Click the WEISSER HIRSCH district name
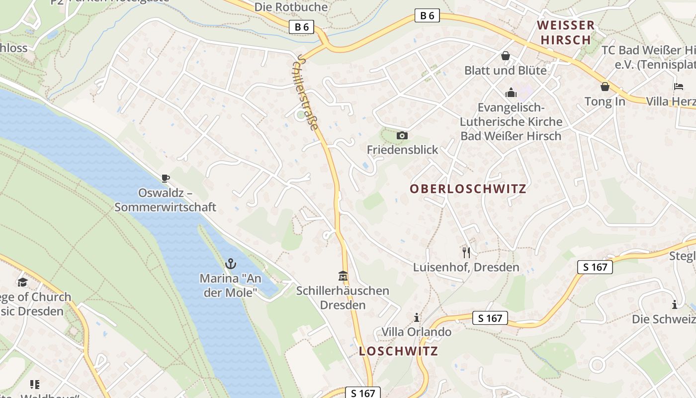566,32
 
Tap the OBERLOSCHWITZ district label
468,189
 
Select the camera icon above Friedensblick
402,135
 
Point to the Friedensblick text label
403,150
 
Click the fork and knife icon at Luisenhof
466,253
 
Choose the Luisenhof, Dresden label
466,267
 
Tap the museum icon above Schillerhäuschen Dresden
343,276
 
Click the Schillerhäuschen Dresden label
343,298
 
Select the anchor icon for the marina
230,264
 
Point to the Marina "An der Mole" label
230,285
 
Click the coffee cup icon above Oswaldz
165,178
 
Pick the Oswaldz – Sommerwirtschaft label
165,199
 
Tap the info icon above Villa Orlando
417,317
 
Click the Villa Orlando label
417,332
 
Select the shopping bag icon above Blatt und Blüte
506,56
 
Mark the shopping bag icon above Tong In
605,87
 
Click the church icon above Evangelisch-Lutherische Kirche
511,93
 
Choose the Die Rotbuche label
291,7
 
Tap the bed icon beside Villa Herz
679,87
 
